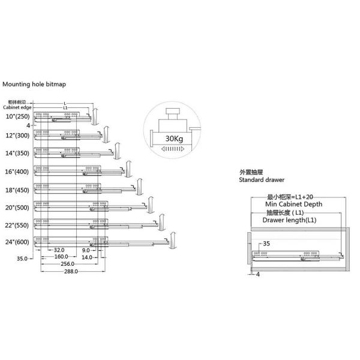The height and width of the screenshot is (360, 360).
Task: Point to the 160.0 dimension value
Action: coord(61,257)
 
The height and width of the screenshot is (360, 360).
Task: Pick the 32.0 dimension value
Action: coord(59,250)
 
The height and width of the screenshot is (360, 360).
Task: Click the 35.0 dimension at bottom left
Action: coord(22,259)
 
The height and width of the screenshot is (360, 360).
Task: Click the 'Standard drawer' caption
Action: coord(262,179)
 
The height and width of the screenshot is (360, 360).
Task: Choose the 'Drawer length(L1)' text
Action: coord(289,220)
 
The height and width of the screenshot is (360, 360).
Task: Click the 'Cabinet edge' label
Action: coord(18,107)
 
